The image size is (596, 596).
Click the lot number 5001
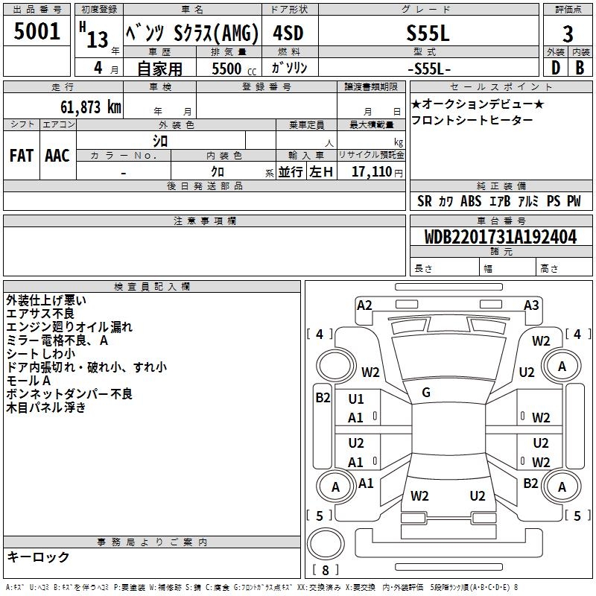[37, 32]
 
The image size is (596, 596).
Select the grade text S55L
[426, 34]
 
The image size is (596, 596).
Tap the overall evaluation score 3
[568, 34]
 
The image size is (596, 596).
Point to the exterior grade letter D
[555, 68]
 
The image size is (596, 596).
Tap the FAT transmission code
[21, 156]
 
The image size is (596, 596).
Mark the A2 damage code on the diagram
[364, 305]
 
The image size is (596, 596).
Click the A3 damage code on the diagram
[531, 305]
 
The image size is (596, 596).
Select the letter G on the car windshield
[426, 392]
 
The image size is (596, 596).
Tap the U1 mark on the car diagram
[356, 399]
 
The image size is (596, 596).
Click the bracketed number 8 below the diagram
[326, 571]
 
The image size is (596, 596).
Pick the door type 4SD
[288, 34]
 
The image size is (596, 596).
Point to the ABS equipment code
[471, 201]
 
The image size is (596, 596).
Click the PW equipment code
[573, 201]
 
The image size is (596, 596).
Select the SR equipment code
[424, 201]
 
